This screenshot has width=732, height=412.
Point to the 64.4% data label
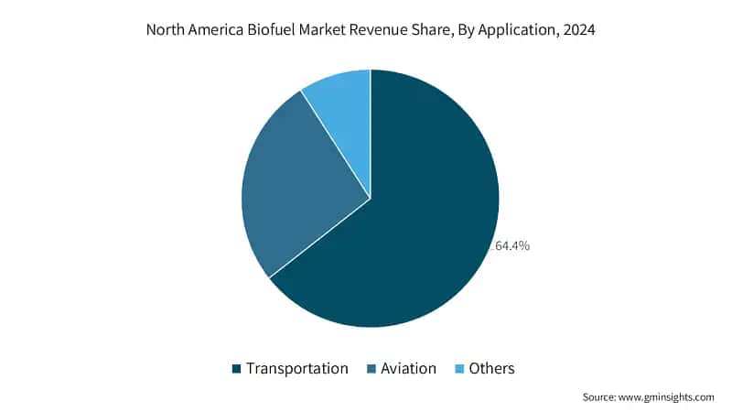pos(512,246)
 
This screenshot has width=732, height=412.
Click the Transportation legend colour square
pos(237,369)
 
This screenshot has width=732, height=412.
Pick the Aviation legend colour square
pos(371,369)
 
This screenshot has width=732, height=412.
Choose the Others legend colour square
pos(457,369)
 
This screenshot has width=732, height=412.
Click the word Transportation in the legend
pos(296,369)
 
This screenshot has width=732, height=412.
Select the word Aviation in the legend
pos(408,369)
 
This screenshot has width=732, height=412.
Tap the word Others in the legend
pos(491,369)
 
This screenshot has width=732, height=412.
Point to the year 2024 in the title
pos(579,30)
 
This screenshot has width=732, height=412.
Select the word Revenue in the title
pos(382,30)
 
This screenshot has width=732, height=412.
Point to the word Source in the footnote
pos(598,397)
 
